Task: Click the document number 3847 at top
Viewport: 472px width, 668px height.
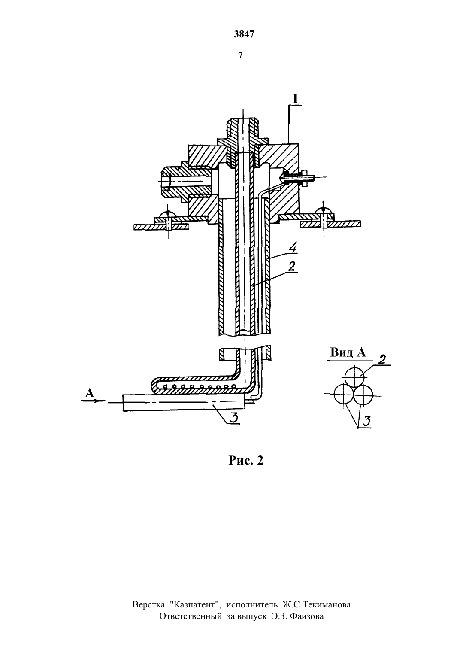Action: (x=244, y=35)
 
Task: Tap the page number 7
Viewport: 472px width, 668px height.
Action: (x=240, y=55)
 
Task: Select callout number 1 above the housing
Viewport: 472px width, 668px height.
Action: (x=295, y=99)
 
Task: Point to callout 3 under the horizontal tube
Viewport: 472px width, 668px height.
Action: (x=234, y=418)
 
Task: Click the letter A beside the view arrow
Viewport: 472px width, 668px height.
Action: (x=89, y=393)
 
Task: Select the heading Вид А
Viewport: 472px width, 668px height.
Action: (x=348, y=353)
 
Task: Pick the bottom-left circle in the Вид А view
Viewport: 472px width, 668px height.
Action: (x=344, y=394)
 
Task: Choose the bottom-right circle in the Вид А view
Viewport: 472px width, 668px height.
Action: (x=363, y=394)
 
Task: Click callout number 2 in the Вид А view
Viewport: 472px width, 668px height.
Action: (x=381, y=359)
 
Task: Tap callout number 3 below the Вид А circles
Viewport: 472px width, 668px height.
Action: (x=367, y=421)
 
